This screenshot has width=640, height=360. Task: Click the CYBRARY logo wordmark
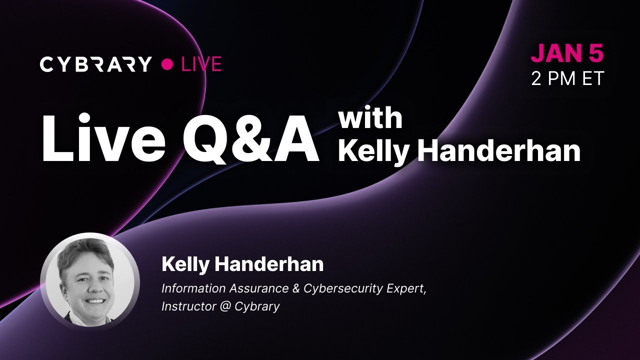click(x=95, y=64)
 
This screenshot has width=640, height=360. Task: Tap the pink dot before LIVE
click(x=168, y=64)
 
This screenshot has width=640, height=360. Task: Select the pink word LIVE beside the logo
click(x=201, y=64)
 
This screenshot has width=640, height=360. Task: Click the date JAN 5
click(x=567, y=54)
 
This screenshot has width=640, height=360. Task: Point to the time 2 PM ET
click(x=567, y=78)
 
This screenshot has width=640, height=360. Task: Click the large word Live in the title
click(x=103, y=139)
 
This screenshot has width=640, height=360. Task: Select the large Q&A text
click(x=250, y=139)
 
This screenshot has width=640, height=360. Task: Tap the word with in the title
click(x=370, y=118)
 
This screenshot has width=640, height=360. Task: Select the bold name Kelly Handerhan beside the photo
click(x=242, y=264)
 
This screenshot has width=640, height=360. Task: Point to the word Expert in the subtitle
click(x=408, y=289)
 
